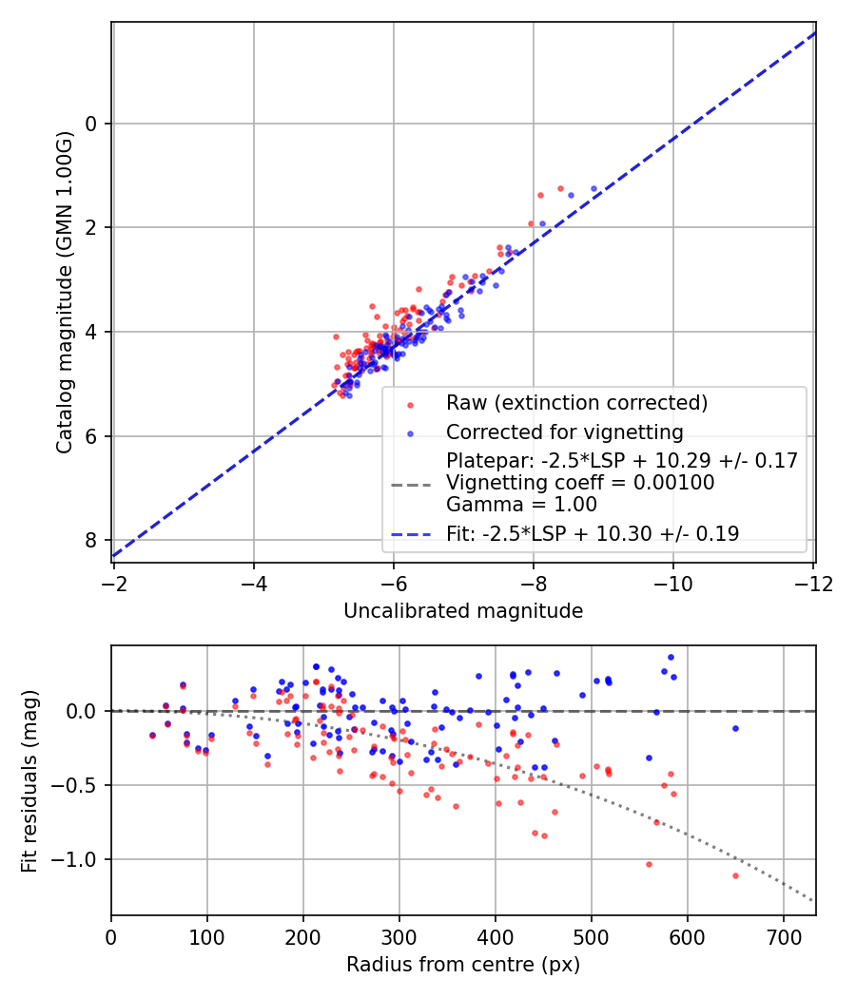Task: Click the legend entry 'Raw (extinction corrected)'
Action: [577, 403]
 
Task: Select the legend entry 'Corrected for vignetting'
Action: [565, 432]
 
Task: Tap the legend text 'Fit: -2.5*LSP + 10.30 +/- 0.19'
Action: [593, 534]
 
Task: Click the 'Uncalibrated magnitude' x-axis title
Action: [463, 611]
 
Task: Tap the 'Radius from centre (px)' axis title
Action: [463, 965]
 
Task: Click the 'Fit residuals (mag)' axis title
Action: [29, 780]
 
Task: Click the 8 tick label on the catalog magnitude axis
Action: [91, 540]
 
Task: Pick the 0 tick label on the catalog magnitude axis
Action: [91, 124]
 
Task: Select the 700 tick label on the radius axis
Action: [783, 935]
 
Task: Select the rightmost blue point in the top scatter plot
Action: [594, 189]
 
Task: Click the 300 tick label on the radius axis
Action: [399, 935]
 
